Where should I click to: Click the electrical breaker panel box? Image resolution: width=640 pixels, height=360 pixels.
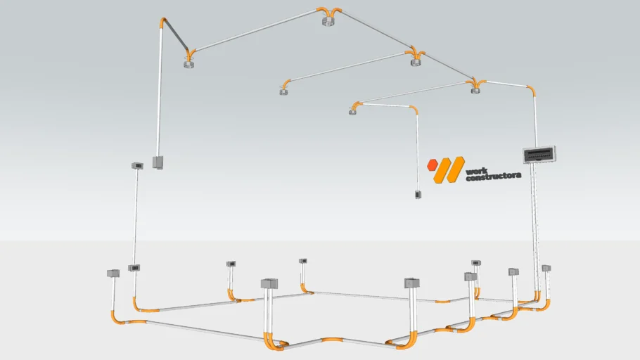point(539,153)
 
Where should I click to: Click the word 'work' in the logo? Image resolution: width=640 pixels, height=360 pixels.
point(476,169)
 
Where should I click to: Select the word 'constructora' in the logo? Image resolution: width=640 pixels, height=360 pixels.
point(493,176)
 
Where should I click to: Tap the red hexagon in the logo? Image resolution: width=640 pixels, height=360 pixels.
point(433,166)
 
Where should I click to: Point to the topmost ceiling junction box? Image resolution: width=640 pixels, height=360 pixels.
point(326,22)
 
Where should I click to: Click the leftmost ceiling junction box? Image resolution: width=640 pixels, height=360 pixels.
point(188,65)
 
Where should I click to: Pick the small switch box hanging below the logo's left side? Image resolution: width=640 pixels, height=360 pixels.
point(417,194)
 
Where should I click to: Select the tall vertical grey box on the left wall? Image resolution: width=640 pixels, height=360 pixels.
point(158,163)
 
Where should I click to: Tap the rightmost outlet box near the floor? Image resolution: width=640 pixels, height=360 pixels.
point(546,268)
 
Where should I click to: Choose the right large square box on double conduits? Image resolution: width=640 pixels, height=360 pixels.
point(412,283)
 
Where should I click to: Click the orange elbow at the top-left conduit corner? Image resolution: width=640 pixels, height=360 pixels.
point(163,22)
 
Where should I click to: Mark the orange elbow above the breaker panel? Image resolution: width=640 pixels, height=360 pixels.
point(531,89)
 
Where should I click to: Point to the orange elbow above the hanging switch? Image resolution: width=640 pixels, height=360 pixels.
point(414,110)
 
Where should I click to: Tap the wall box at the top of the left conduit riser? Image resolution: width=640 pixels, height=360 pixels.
point(137,166)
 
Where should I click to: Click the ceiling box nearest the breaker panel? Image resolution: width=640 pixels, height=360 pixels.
point(475,88)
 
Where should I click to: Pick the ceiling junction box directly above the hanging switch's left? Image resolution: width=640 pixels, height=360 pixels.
point(352,111)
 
